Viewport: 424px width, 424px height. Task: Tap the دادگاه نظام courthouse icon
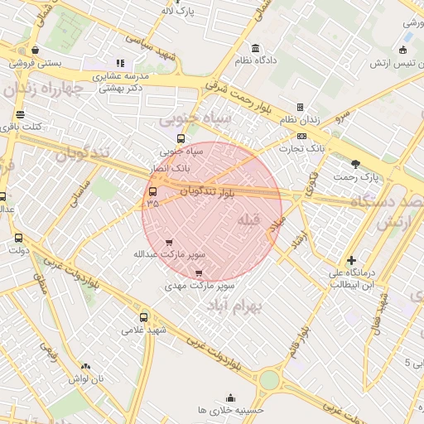click(254, 47)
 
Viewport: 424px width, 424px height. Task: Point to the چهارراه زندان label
click(50, 88)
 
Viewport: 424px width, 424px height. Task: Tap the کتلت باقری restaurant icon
click(20, 114)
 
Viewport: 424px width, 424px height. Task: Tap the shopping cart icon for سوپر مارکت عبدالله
click(170, 243)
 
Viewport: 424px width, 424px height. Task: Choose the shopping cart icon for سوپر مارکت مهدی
click(198, 272)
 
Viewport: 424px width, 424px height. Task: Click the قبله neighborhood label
click(248, 220)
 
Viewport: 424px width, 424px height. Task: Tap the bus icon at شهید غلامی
click(144, 317)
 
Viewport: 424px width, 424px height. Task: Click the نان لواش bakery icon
click(86, 365)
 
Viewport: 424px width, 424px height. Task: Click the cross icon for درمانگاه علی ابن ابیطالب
click(352, 260)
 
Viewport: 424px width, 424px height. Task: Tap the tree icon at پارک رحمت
click(355, 164)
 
